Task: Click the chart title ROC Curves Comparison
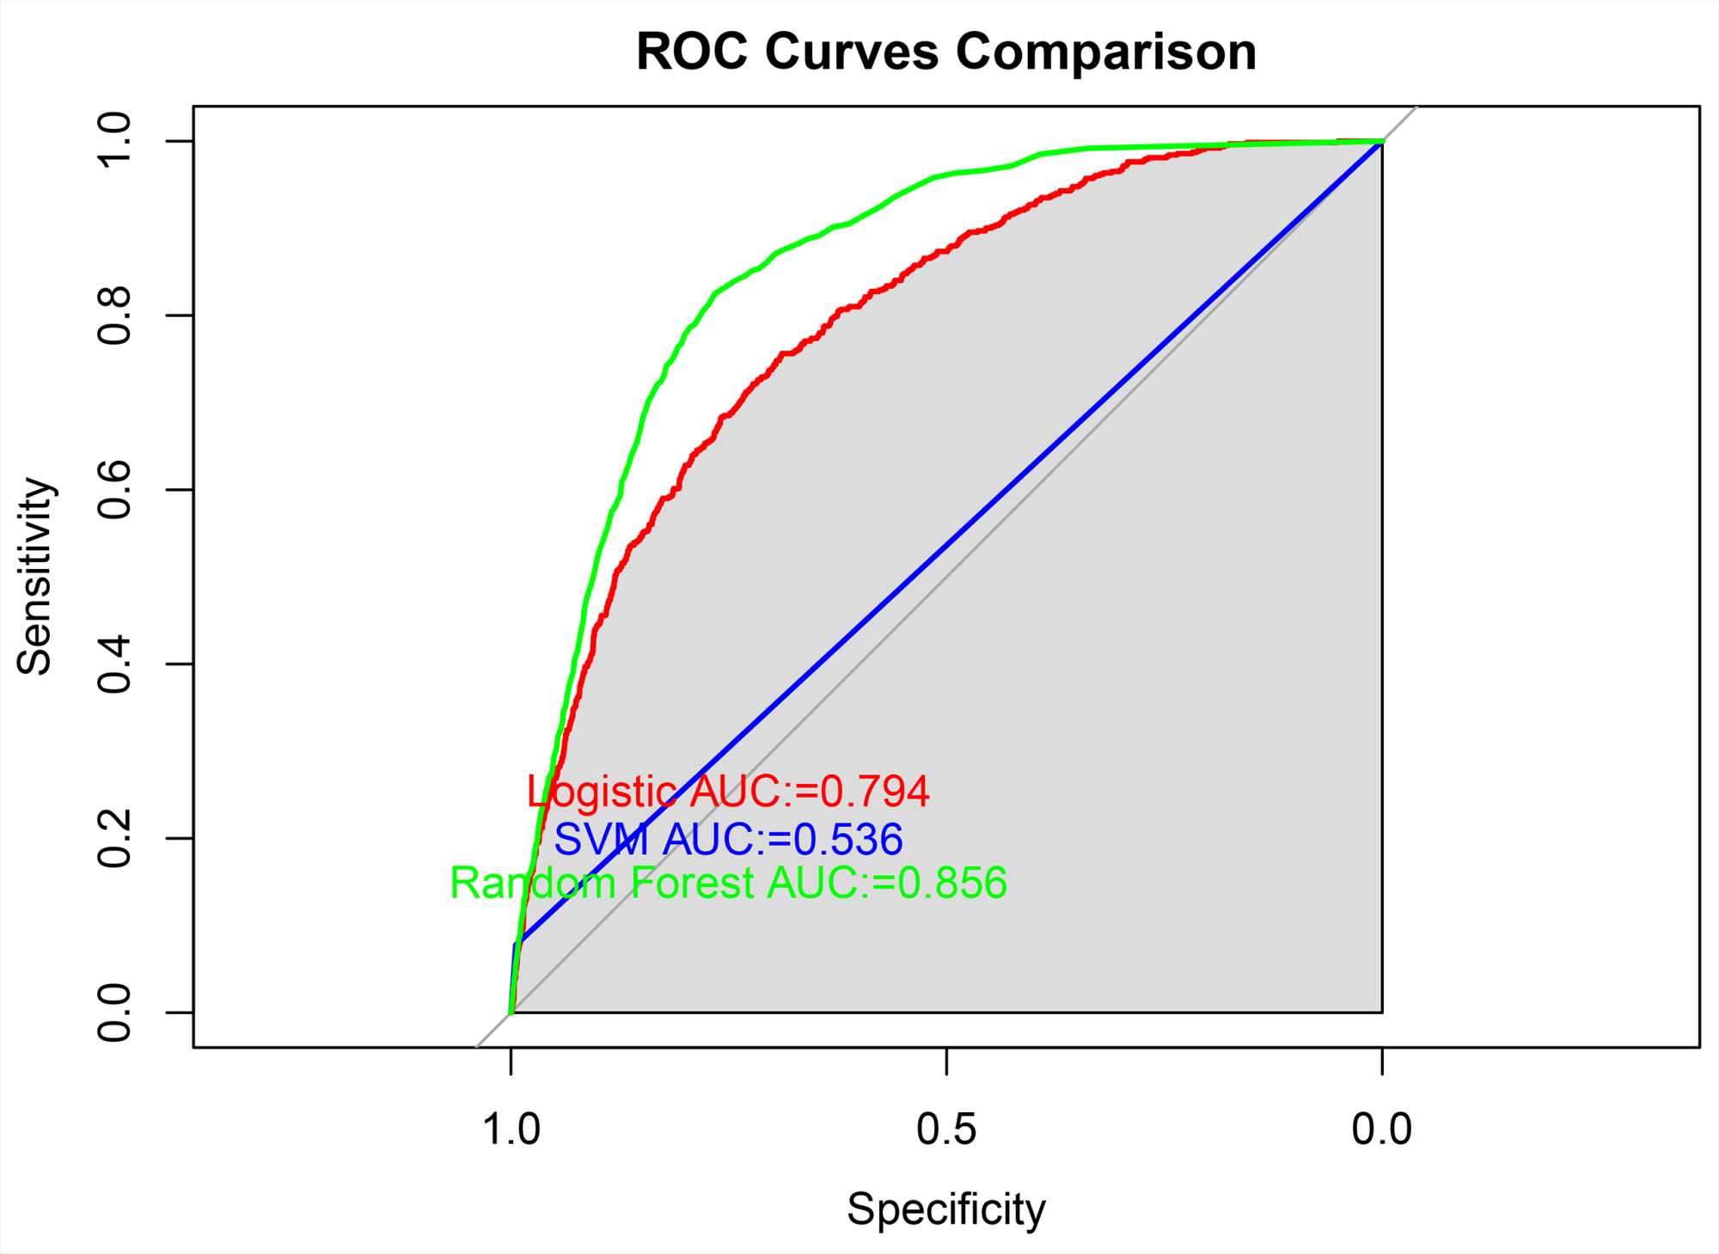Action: coord(945,52)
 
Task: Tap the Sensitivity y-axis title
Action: coord(35,576)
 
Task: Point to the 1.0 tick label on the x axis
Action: coord(511,1129)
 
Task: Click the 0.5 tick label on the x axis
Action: coord(946,1129)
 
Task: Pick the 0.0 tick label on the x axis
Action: coord(1381,1129)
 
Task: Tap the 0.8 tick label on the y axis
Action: coord(114,315)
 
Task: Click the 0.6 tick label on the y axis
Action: coord(114,490)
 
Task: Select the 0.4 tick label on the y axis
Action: coord(114,664)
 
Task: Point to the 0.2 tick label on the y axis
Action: coord(114,838)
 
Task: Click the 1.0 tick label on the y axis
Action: coord(114,141)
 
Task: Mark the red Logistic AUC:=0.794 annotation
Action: coord(728,792)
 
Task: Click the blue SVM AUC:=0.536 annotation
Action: coord(728,840)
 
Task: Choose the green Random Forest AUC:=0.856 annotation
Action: coord(728,884)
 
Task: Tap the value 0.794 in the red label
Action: coord(875,792)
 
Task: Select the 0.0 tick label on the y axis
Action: coord(114,1012)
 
